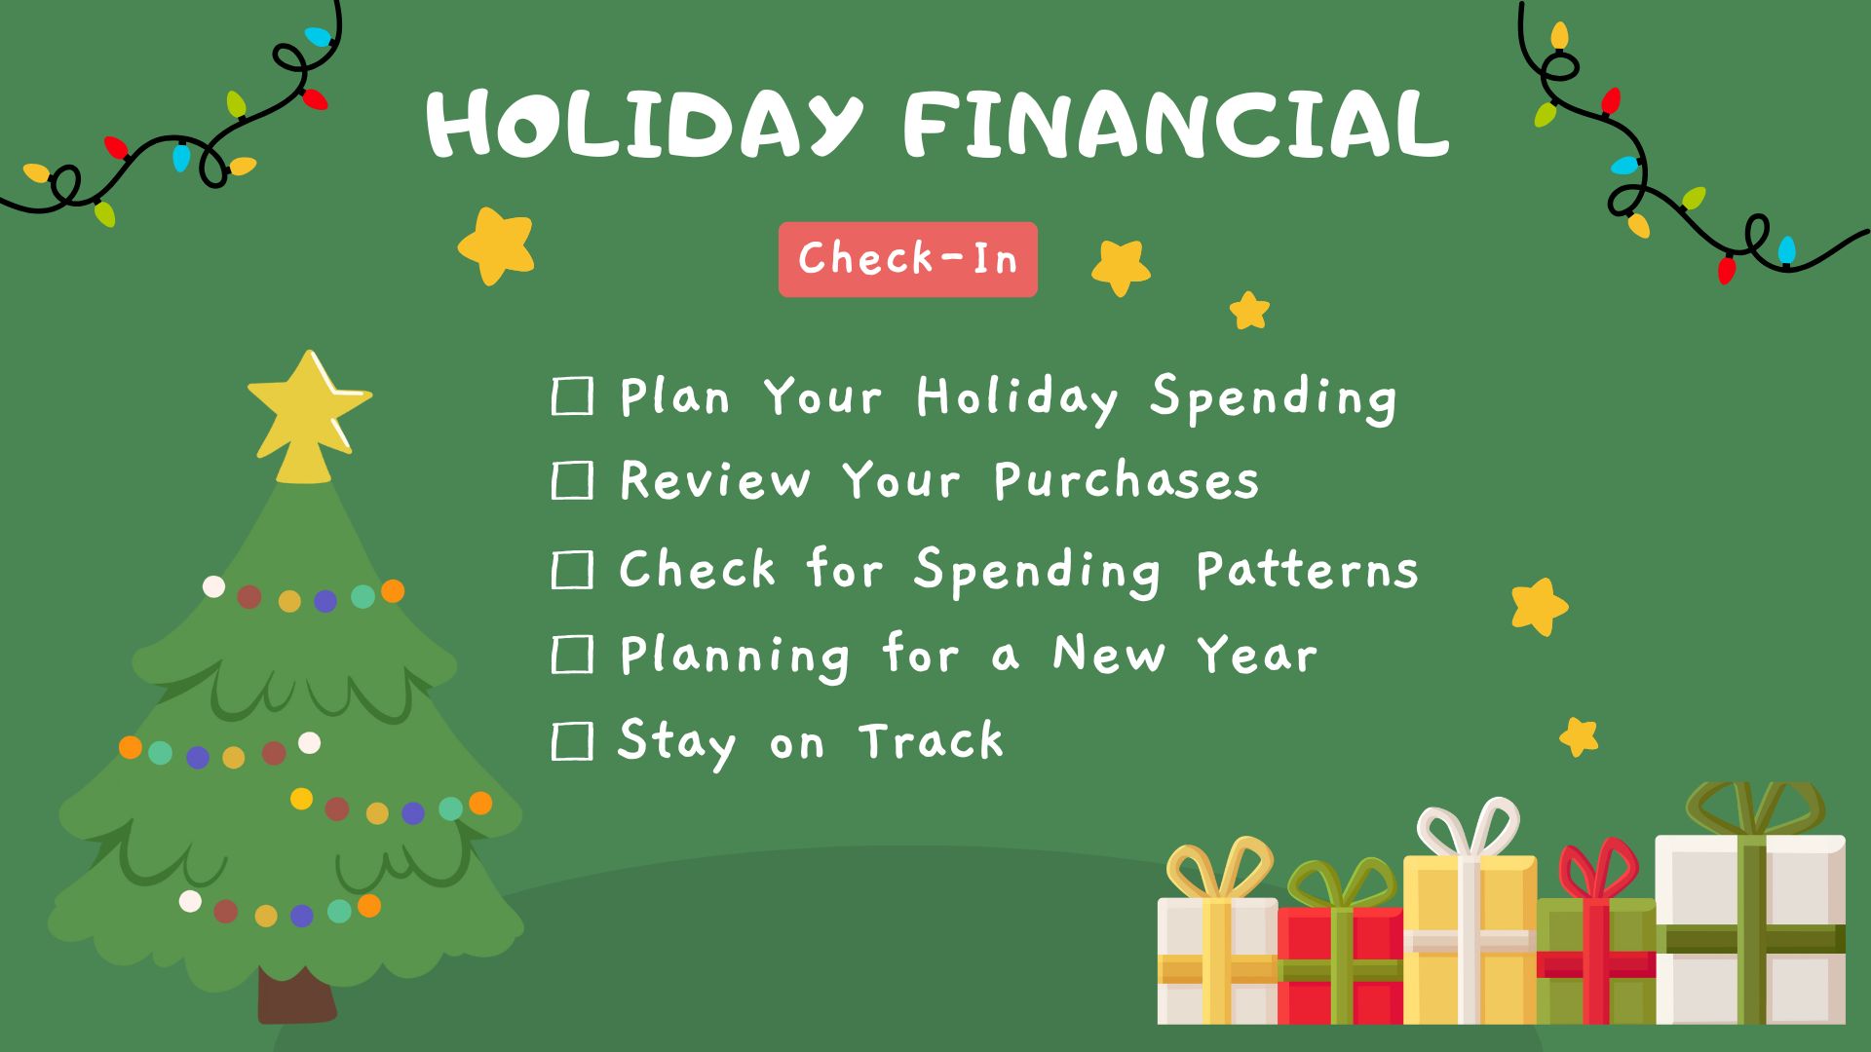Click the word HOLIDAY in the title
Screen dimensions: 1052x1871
point(644,124)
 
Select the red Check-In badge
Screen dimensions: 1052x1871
point(907,259)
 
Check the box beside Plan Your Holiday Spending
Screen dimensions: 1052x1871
point(572,397)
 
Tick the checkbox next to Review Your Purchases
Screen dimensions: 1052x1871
point(572,481)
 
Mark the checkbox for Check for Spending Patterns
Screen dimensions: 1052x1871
point(572,570)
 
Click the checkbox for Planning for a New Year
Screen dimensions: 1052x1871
point(572,655)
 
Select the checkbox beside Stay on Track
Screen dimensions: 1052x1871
point(572,741)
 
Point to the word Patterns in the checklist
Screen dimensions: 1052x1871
point(1307,571)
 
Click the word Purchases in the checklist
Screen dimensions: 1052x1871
point(1126,481)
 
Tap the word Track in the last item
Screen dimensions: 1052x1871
point(932,741)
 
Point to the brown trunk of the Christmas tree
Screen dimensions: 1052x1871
point(295,996)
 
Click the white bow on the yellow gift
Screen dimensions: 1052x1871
point(1468,828)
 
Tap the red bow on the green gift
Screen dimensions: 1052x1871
point(1598,870)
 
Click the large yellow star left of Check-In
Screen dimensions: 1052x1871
point(497,245)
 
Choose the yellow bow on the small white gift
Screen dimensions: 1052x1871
point(1219,867)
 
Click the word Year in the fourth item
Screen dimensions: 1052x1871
point(1257,655)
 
